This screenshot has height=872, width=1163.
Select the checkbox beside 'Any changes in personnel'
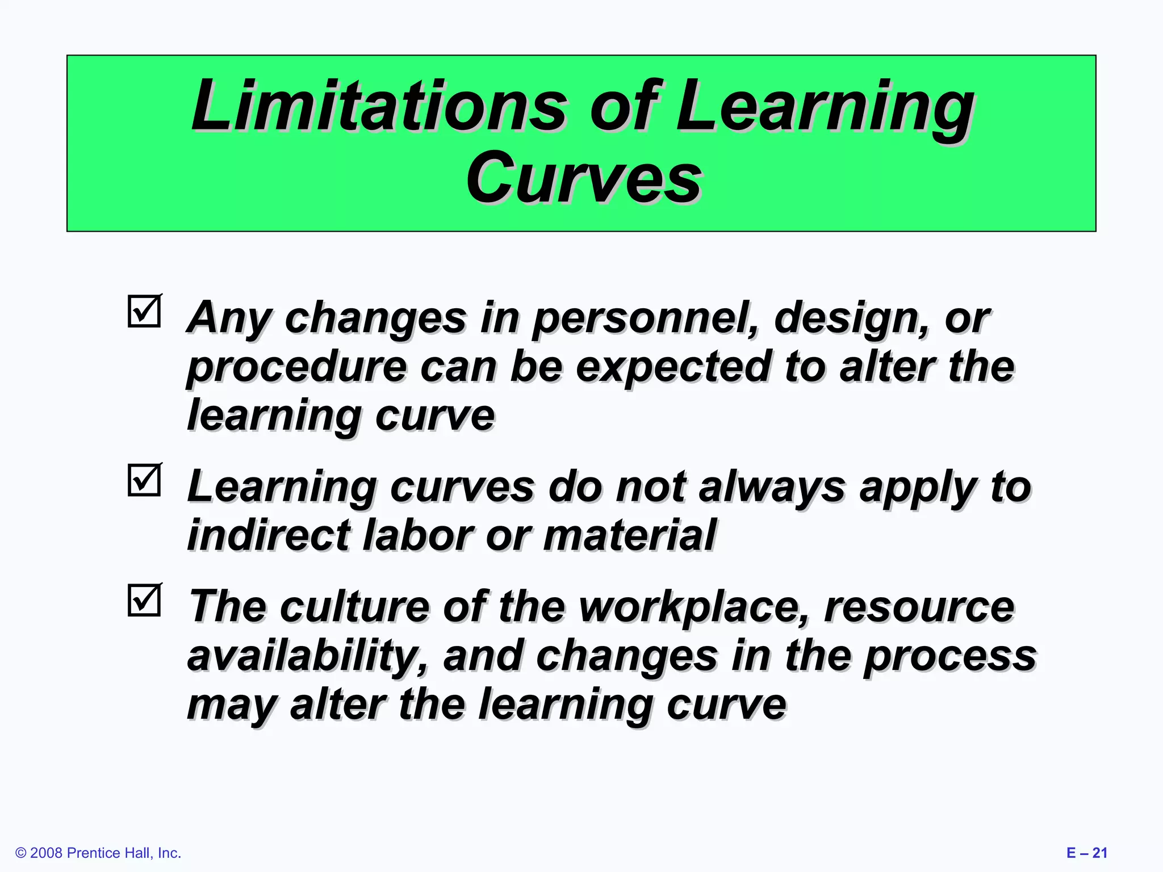(144, 311)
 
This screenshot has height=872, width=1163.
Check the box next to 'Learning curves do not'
(144, 480)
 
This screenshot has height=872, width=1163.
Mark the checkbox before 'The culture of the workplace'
(144, 601)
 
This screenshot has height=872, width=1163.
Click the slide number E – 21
(1086, 853)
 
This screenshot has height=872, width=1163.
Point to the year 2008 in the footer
(47, 853)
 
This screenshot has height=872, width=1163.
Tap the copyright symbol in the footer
(21, 853)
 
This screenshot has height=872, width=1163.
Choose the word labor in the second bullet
(417, 535)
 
